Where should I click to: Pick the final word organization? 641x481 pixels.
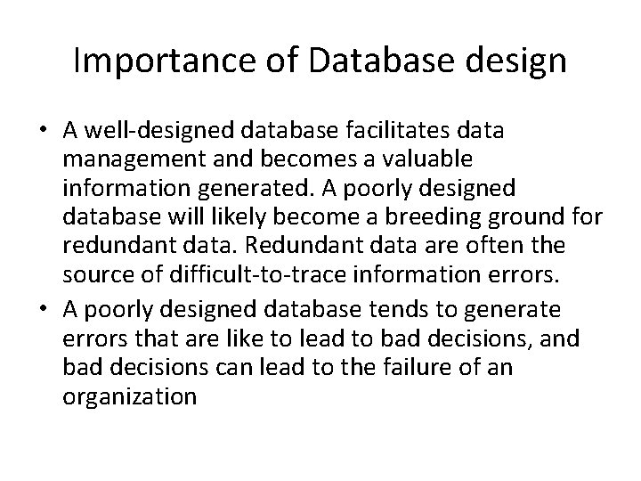tap(130, 396)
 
